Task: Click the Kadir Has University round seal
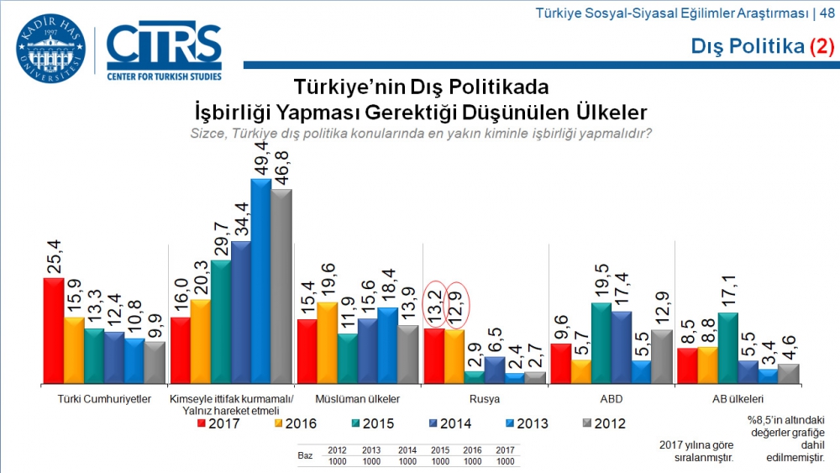click(x=50, y=49)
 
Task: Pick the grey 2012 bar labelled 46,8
click(x=281, y=286)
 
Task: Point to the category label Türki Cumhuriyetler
click(x=104, y=399)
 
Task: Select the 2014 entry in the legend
click(x=449, y=423)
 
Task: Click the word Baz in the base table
click(x=306, y=455)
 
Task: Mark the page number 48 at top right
click(x=827, y=13)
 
